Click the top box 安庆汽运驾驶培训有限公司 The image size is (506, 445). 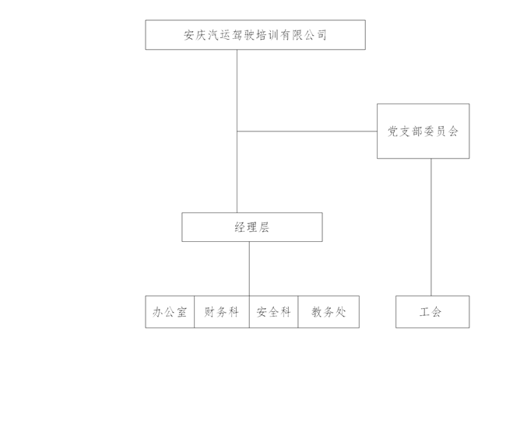point(255,35)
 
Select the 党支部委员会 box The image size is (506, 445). point(423,131)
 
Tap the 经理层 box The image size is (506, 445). point(251,227)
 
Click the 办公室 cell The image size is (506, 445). point(170,312)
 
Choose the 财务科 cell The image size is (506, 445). point(221,312)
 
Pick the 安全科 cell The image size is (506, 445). point(273,312)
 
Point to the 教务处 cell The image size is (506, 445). point(329,312)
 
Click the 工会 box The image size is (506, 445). point(432,312)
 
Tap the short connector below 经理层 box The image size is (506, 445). point(249,268)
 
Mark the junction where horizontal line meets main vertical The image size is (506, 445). point(237,131)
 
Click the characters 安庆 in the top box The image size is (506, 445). point(195,35)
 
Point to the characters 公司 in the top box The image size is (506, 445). point(314,35)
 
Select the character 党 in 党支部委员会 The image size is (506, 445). point(393,131)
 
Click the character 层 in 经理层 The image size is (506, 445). point(265,227)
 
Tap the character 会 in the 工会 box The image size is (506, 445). point(437,312)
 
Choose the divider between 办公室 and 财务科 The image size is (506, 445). point(194,312)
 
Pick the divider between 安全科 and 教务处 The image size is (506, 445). point(298,312)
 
